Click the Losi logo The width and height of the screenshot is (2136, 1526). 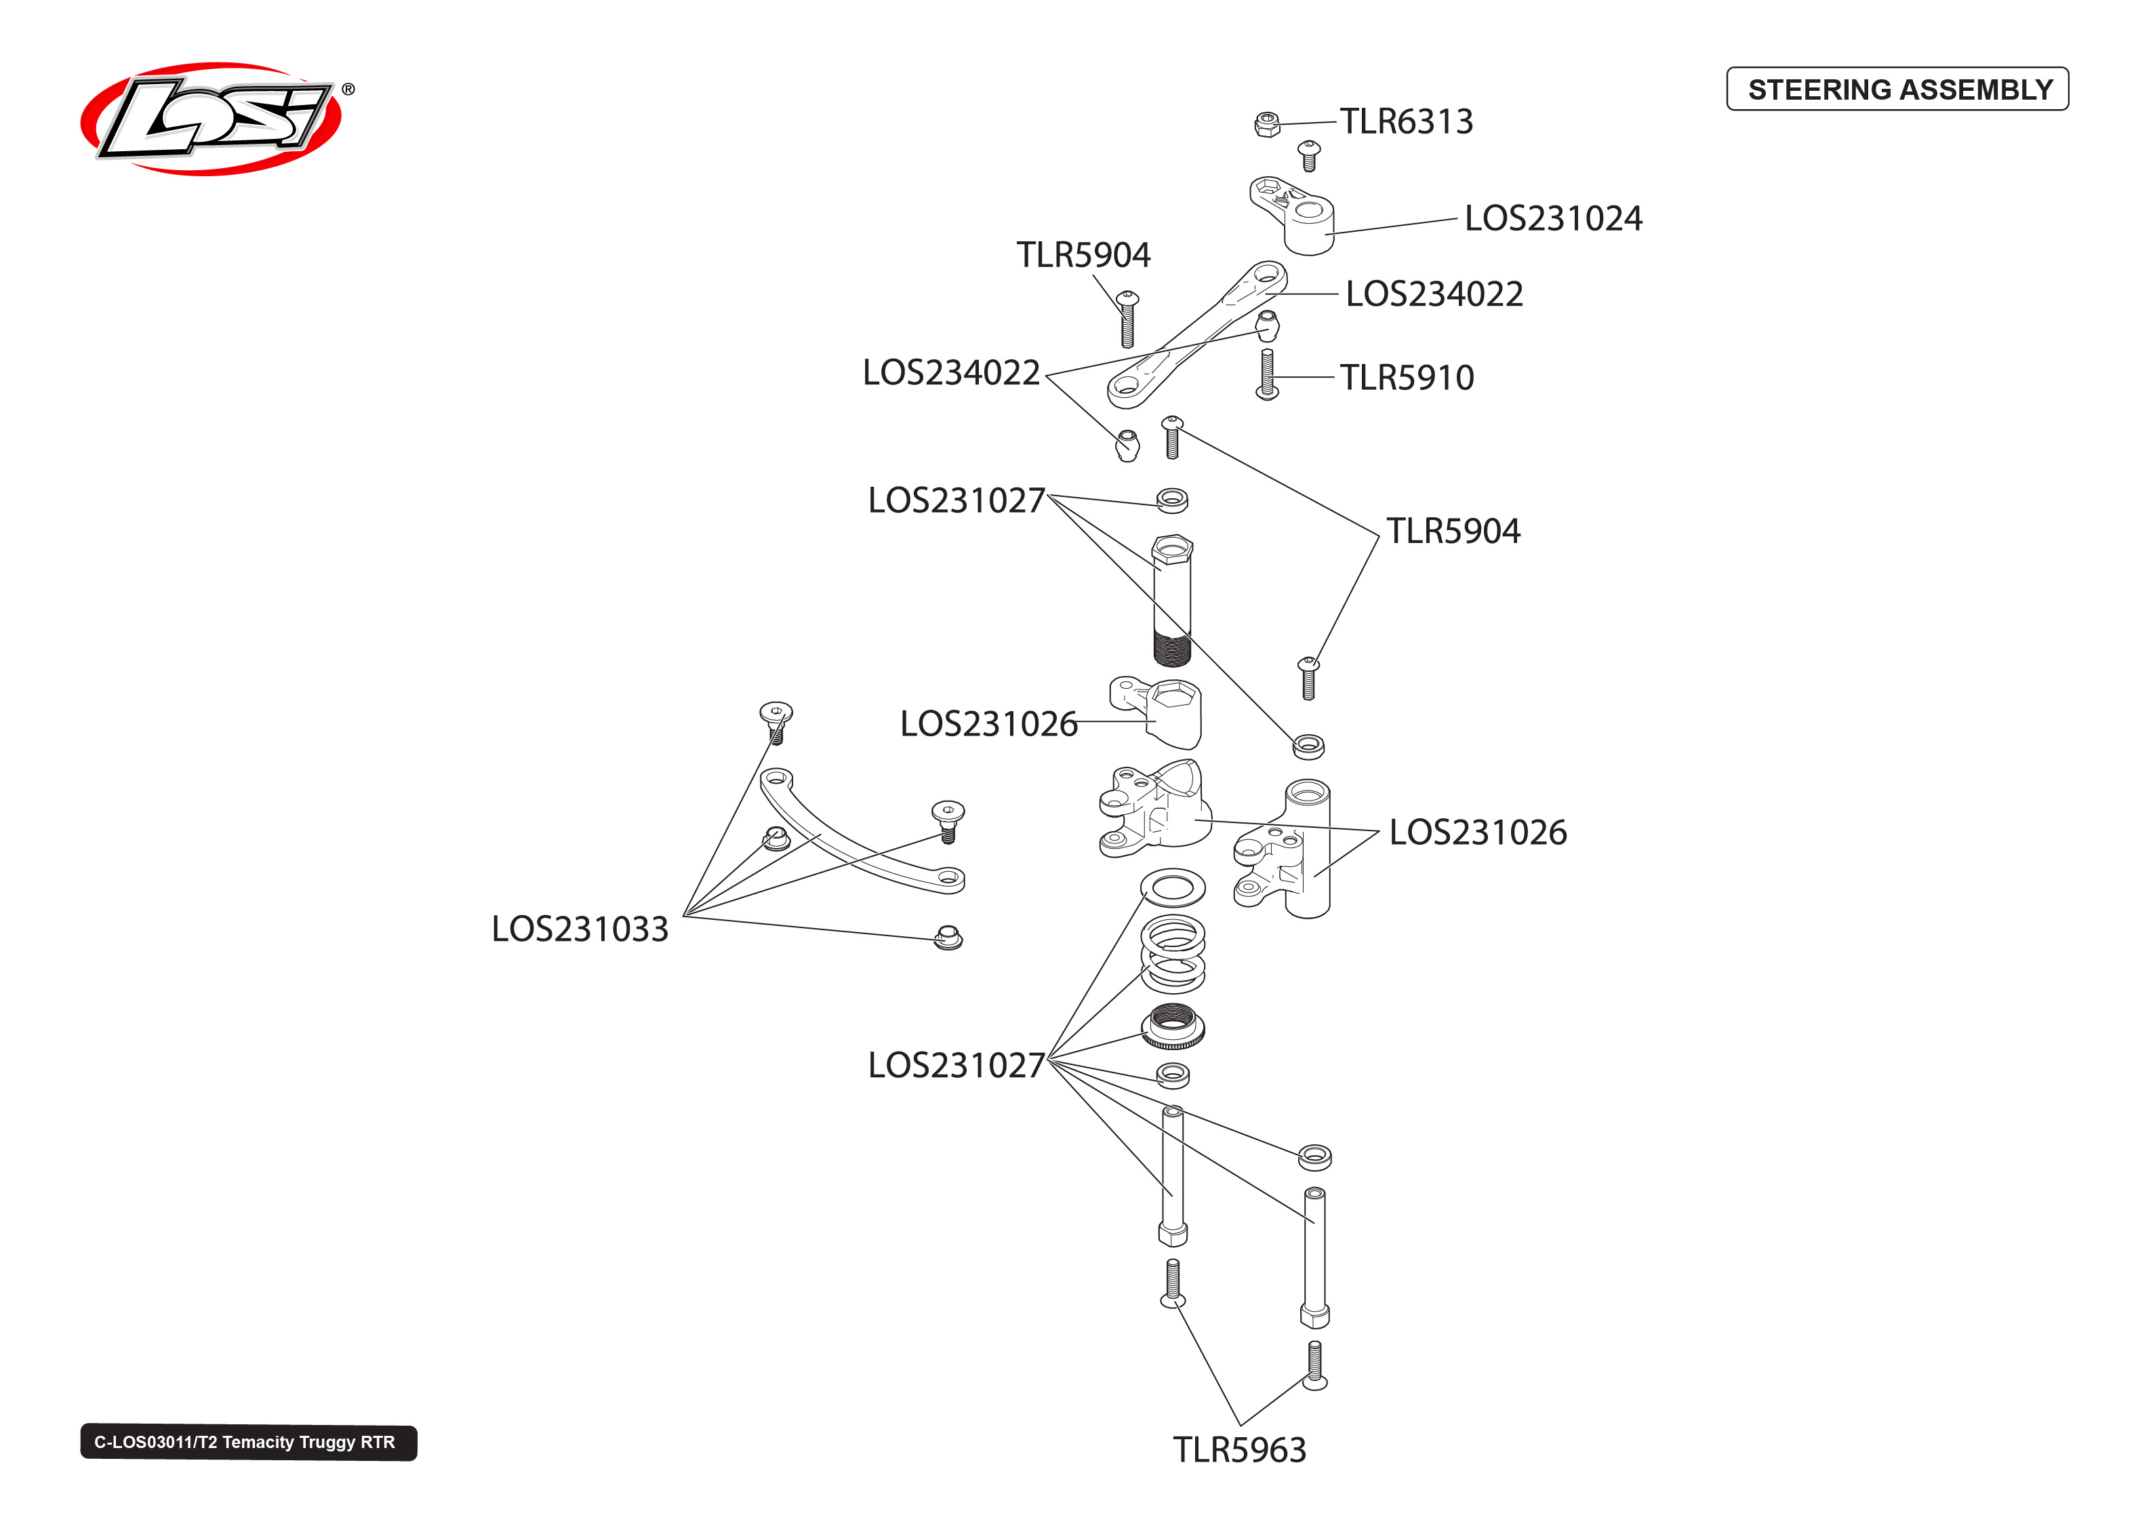click(x=211, y=119)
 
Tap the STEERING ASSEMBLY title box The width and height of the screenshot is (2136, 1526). click(x=1897, y=89)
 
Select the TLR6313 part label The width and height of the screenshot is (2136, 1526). click(x=1405, y=121)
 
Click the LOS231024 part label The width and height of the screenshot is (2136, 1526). click(x=1553, y=219)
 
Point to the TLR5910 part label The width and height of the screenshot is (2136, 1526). click(x=1406, y=378)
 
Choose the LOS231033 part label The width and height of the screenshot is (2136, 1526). click(x=580, y=929)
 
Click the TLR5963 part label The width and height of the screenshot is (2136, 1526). click(x=1239, y=1450)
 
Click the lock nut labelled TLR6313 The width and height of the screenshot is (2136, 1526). click(x=1266, y=124)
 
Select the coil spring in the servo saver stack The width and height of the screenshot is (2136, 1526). click(x=1172, y=954)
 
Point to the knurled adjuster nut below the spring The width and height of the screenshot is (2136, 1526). click(x=1172, y=1027)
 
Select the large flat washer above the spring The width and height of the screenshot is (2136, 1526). click(x=1172, y=887)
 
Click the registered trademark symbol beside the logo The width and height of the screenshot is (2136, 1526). click(x=348, y=89)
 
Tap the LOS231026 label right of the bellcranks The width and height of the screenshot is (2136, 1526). click(x=1478, y=832)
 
